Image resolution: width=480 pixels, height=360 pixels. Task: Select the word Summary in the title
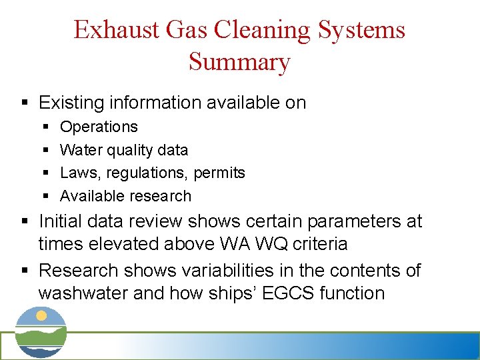coord(239,61)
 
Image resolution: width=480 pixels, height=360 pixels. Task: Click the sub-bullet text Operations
coord(99,127)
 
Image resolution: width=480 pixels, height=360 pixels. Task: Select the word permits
coord(219,173)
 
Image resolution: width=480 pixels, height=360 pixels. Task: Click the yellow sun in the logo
coord(42,315)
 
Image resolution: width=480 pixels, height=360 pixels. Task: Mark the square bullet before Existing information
coord(24,103)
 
